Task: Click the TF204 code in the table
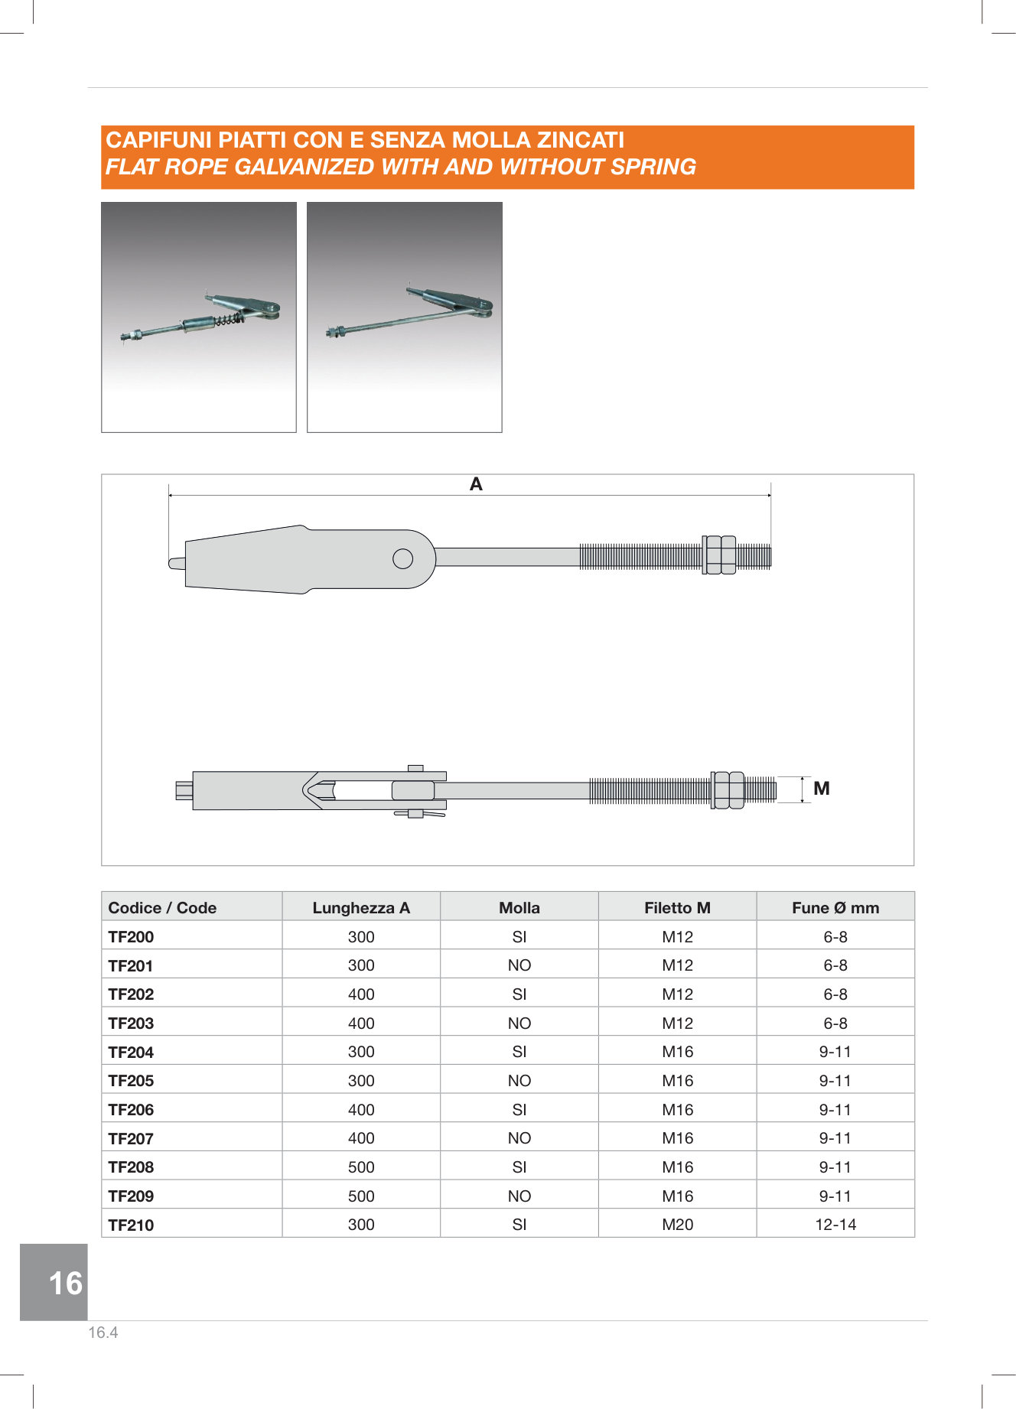(x=131, y=1052)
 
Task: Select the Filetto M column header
(x=677, y=907)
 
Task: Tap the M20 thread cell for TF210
(x=677, y=1224)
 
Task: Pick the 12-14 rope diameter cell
(x=835, y=1224)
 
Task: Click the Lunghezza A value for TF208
(x=361, y=1167)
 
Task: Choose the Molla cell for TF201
(x=519, y=965)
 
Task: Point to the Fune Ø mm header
(x=835, y=907)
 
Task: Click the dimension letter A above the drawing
(x=476, y=484)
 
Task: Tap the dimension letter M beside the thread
(x=822, y=789)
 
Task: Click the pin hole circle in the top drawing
(x=402, y=559)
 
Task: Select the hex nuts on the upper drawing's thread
(x=720, y=555)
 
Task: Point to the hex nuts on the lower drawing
(x=728, y=789)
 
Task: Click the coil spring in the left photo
(x=230, y=318)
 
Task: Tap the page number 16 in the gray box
(x=65, y=1283)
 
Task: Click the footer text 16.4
(x=103, y=1333)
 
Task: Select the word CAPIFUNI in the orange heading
(x=158, y=140)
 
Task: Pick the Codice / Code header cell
(x=162, y=907)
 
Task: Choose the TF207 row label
(x=131, y=1138)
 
